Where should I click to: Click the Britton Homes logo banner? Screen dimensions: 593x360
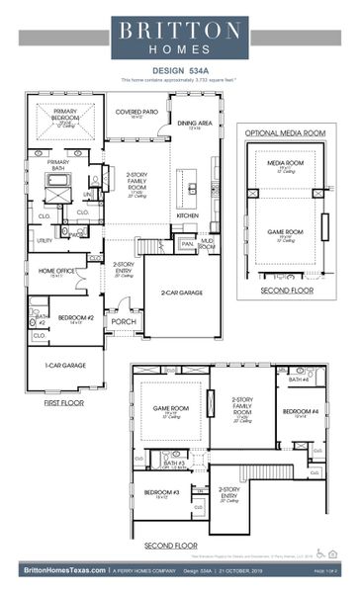tap(179, 39)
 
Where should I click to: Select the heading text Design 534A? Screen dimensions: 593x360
tap(179, 70)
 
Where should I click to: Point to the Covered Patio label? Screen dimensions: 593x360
tap(136, 112)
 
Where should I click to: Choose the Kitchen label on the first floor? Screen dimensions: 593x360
tap(187, 214)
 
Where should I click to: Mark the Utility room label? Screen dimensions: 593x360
tap(45, 240)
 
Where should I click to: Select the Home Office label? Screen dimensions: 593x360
tap(55, 271)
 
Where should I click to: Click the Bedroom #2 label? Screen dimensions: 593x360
tap(76, 317)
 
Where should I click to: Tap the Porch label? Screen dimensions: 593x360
tap(125, 321)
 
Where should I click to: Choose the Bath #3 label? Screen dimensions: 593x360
tap(174, 463)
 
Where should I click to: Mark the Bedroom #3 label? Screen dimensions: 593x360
tap(161, 492)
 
